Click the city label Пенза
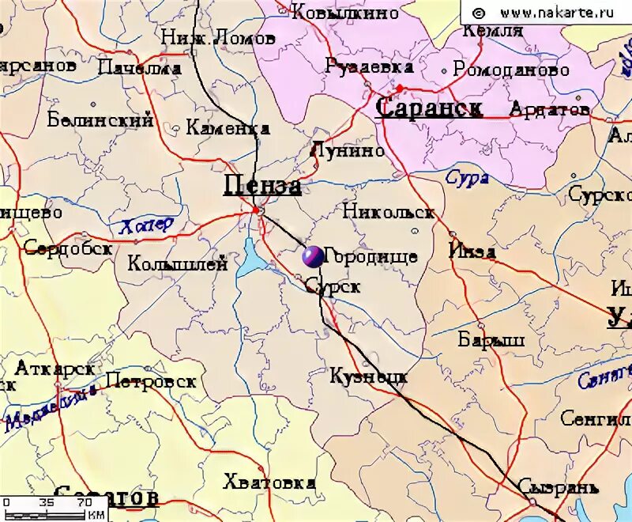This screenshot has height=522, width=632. pyautogui.click(x=262, y=185)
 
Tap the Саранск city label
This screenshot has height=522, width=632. pyautogui.click(x=429, y=108)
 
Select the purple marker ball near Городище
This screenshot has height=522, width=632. pyautogui.click(x=312, y=256)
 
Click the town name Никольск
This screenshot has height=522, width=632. pyautogui.click(x=388, y=212)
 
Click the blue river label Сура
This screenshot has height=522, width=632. pyautogui.click(x=467, y=178)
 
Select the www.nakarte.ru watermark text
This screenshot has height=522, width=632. pyautogui.click(x=546, y=13)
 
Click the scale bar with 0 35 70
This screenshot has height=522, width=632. pyautogui.click(x=55, y=507)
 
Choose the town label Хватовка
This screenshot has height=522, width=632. pyautogui.click(x=269, y=482)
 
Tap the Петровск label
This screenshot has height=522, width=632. pyautogui.click(x=151, y=381)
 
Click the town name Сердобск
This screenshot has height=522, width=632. pyautogui.click(x=68, y=248)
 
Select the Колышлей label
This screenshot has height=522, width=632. pyautogui.click(x=177, y=263)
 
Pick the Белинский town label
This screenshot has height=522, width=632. pyautogui.click(x=100, y=120)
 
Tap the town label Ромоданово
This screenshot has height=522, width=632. pyautogui.click(x=511, y=70)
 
